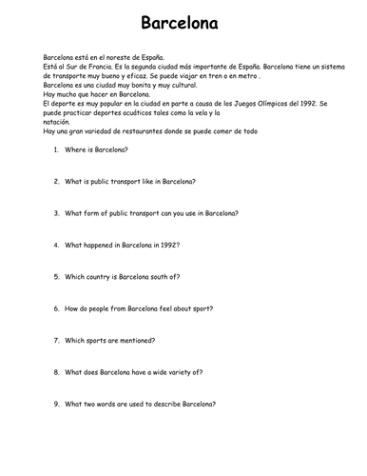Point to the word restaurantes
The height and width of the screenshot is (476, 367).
[141, 129]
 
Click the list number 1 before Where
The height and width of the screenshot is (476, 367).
[55, 150]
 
